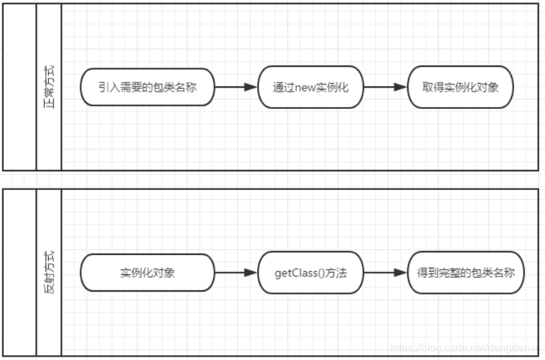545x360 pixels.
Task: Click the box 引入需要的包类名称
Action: (147, 86)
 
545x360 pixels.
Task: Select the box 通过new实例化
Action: (310, 86)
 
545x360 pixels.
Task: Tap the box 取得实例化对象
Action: (460, 86)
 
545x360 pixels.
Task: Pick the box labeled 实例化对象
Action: (147, 273)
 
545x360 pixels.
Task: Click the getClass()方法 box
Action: (310, 273)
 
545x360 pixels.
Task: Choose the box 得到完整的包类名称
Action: (465, 273)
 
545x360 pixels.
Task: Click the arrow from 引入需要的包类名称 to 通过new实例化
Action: (236, 86)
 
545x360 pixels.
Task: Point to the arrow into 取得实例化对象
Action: (385, 86)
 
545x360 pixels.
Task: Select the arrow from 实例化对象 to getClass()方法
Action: (236, 273)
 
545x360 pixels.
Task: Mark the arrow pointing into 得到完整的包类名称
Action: (385, 273)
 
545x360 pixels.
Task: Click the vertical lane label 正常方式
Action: (49, 86)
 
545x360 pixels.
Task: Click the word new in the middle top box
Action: (305, 87)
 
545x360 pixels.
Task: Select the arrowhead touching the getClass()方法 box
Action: (252, 273)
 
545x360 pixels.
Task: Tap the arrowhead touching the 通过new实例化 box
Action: (252, 86)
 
